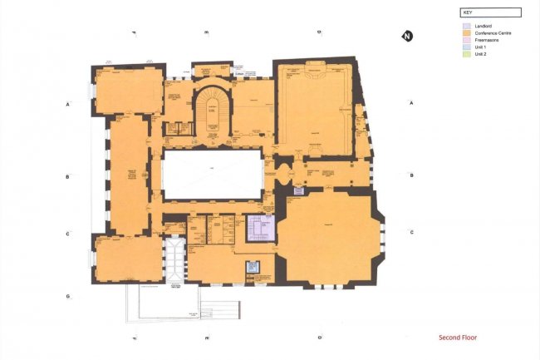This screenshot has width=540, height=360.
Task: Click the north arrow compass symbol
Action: [x=407, y=36]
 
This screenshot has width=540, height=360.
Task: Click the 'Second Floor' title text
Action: [x=458, y=338]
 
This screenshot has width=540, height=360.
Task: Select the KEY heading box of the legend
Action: [x=490, y=13]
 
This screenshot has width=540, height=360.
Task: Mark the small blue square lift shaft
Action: [x=253, y=268]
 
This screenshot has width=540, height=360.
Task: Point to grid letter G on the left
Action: [x=67, y=297]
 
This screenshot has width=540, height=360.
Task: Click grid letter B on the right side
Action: [x=411, y=176]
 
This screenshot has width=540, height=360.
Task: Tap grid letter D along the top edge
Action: [x=319, y=32]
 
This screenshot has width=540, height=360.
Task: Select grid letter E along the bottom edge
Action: [x=207, y=338]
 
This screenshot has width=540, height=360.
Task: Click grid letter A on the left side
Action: [x=67, y=104]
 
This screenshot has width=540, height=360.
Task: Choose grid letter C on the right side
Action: [x=411, y=233]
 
